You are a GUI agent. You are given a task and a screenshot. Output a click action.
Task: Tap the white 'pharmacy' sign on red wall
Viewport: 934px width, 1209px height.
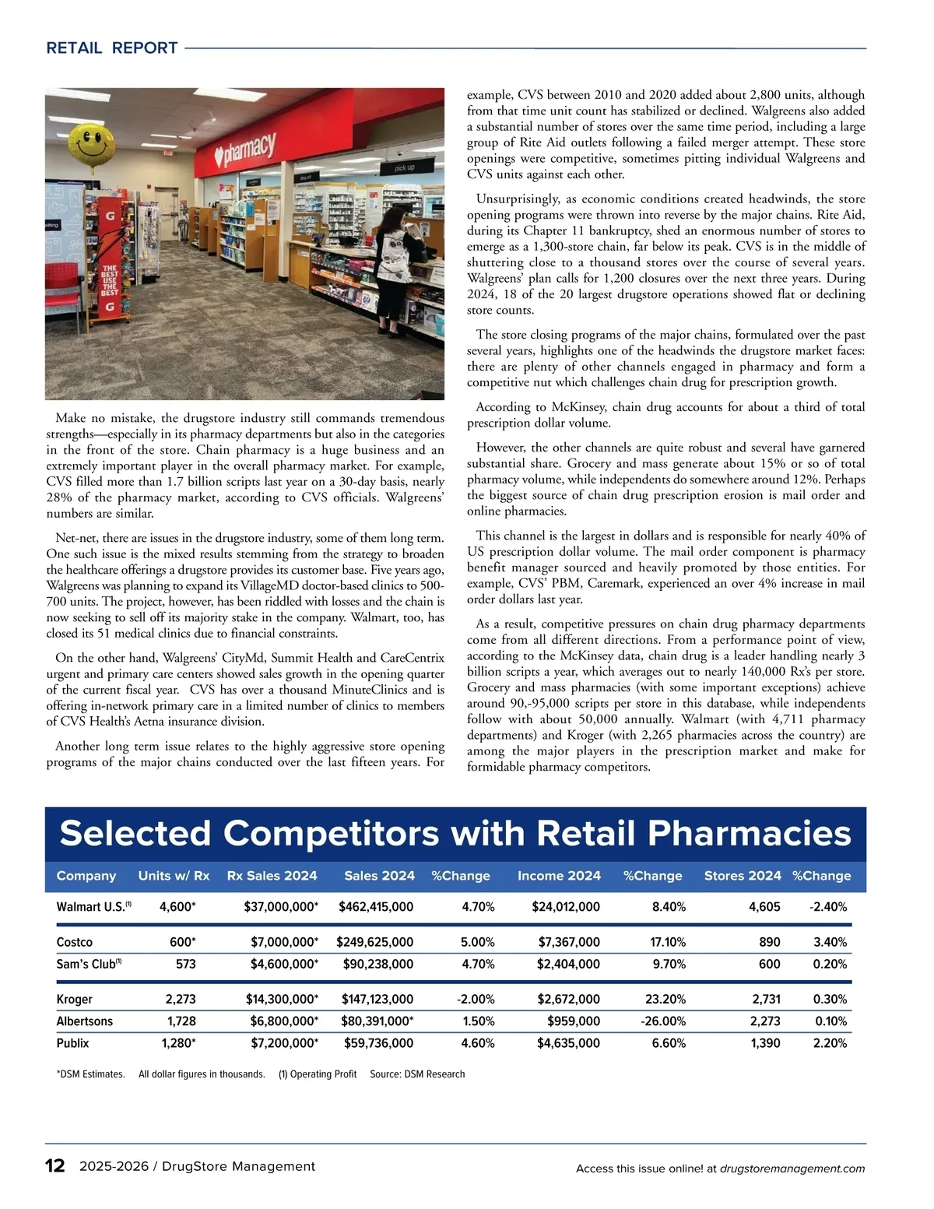(248, 149)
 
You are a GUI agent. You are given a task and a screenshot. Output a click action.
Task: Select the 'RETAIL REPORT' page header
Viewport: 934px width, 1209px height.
(112, 48)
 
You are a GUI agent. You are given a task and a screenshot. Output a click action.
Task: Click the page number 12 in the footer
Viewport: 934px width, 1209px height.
(55, 1165)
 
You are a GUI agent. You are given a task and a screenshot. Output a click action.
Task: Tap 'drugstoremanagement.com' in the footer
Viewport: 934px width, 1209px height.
(792, 1169)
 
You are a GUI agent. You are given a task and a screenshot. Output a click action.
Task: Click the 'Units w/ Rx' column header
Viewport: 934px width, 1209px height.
(174, 876)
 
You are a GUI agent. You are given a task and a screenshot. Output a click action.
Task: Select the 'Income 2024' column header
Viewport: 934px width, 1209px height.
(559, 876)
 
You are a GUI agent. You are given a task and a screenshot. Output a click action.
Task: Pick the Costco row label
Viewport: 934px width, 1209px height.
(75, 942)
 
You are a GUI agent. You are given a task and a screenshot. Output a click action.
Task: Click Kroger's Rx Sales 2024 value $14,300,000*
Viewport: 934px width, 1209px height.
(282, 999)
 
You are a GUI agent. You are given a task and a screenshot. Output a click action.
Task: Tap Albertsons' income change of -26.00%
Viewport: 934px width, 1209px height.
(662, 1021)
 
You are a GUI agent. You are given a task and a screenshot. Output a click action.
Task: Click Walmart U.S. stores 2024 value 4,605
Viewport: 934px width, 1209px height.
(764, 906)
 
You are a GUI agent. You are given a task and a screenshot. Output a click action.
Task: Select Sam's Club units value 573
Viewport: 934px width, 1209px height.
(185, 964)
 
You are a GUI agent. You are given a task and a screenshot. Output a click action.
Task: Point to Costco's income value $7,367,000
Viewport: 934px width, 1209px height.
(569, 942)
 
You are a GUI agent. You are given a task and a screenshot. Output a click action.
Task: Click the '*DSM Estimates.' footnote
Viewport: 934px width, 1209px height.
(90, 1074)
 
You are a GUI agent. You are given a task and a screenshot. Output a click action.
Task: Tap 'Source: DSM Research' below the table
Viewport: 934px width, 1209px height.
(417, 1074)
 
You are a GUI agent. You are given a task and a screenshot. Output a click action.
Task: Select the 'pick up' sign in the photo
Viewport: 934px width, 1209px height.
(404, 167)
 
